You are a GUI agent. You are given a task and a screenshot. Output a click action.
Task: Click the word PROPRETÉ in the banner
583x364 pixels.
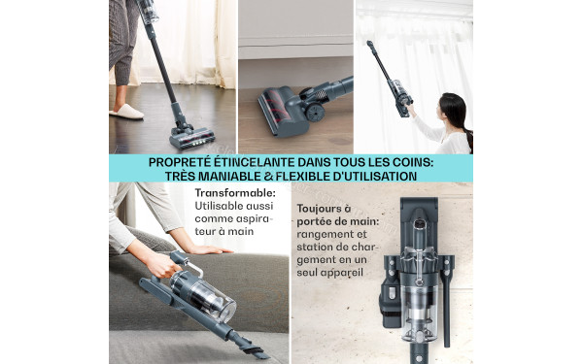(185, 162)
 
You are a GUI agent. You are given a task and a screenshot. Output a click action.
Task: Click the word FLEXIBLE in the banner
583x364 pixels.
(323, 176)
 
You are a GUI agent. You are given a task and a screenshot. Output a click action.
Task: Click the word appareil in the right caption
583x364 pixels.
(345, 273)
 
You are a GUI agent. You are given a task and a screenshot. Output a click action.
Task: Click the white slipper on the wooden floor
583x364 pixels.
(126, 112)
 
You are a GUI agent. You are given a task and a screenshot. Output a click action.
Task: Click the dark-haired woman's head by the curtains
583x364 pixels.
(453, 106)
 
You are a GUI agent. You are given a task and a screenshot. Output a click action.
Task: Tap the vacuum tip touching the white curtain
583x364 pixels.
(370, 44)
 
